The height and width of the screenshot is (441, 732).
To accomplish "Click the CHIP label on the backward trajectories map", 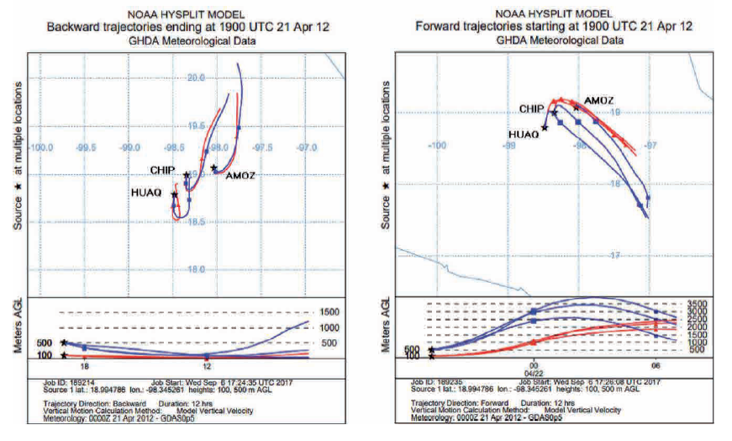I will (162, 170).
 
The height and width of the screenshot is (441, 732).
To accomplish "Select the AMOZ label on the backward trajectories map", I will (240, 175).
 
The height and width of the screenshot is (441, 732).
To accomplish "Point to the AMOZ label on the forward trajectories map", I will (598, 100).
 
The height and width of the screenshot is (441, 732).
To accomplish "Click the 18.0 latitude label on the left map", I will (197, 269).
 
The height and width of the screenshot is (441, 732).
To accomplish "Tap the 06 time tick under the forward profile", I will (656, 367).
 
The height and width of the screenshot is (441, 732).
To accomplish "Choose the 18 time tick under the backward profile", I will (83, 367).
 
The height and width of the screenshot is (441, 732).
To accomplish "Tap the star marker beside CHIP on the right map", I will (554, 113).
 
